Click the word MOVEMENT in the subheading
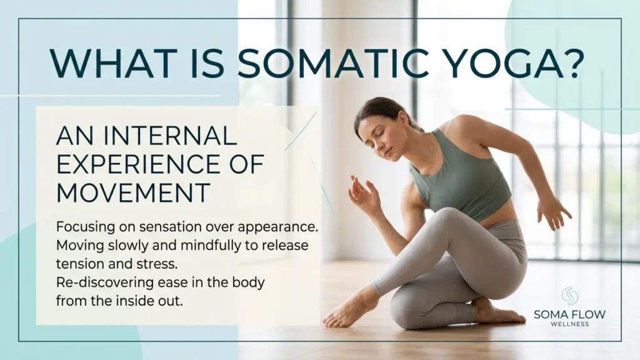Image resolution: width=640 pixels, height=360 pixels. pos(133,192)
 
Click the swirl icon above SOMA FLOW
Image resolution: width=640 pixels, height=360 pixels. pos(570,296)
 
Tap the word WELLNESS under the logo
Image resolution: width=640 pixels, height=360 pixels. pos(570,324)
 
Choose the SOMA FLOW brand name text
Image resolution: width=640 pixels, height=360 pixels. pos(570,314)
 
